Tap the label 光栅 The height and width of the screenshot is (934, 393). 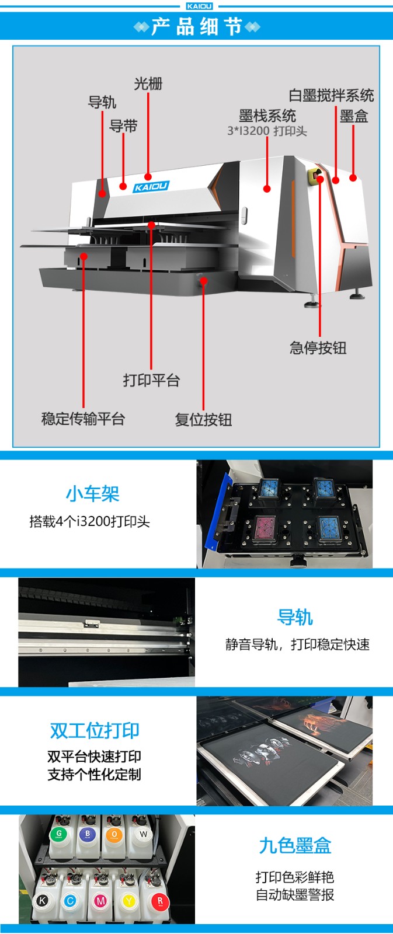pyautogui.click(x=148, y=84)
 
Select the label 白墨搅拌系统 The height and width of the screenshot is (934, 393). pyautogui.click(x=331, y=96)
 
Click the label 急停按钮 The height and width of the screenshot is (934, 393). pyautogui.click(x=318, y=348)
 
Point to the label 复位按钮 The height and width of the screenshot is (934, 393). pyautogui.click(x=203, y=420)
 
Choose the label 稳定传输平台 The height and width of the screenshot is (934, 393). pyautogui.click(x=84, y=419)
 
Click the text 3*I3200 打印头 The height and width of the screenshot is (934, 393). pyautogui.click(x=267, y=131)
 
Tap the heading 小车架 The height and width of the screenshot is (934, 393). pyautogui.click(x=93, y=494)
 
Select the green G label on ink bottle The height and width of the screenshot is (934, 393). pyautogui.click(x=59, y=834)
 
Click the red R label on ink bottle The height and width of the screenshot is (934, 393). pyautogui.click(x=160, y=901)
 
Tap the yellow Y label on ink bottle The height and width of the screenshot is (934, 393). pyautogui.click(x=129, y=901)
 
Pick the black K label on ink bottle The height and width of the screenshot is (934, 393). pyautogui.click(x=42, y=901)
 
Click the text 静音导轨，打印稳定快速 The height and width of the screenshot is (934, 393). pyautogui.click(x=297, y=644)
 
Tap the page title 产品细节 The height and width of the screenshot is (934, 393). pyautogui.click(x=196, y=27)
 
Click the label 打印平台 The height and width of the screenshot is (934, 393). pyautogui.click(x=151, y=380)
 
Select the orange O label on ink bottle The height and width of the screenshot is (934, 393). pyautogui.click(x=114, y=835)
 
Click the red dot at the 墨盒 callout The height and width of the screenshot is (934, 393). pyautogui.click(x=353, y=177)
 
